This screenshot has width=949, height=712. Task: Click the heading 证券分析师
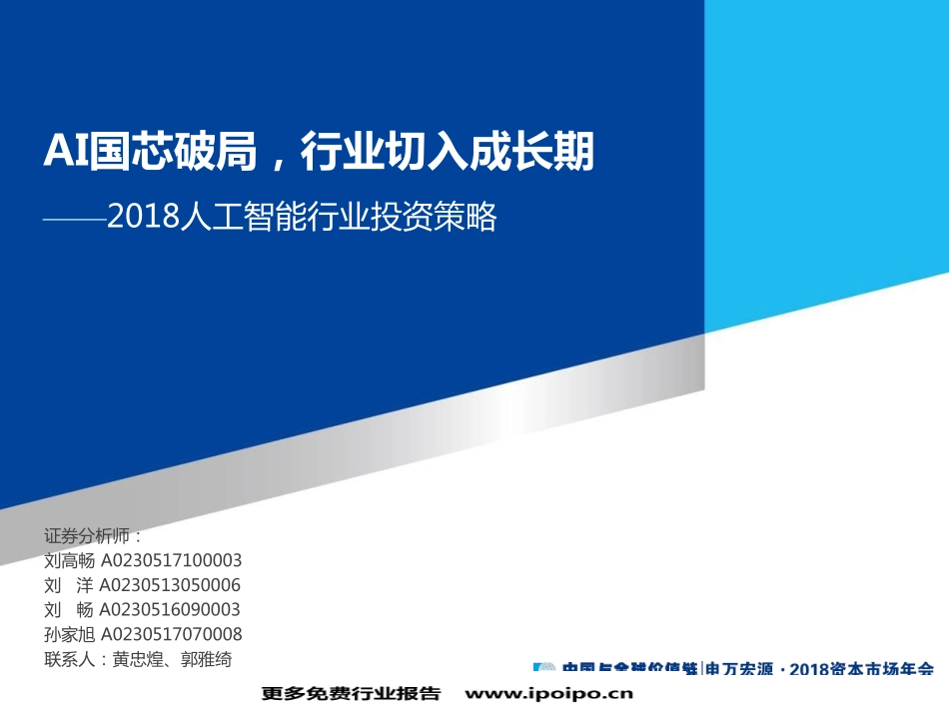tap(89, 535)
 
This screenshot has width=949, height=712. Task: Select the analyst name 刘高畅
tap(70, 560)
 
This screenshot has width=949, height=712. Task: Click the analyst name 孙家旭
tap(70, 634)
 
